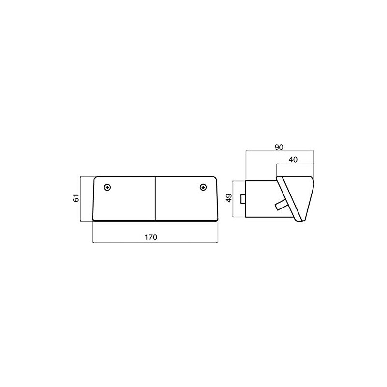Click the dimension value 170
tap(154, 237)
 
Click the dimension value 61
tap(75, 199)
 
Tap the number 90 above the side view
tap(278, 147)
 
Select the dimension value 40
tap(295, 159)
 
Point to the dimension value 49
tap(229, 198)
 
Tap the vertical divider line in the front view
tap(155, 198)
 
